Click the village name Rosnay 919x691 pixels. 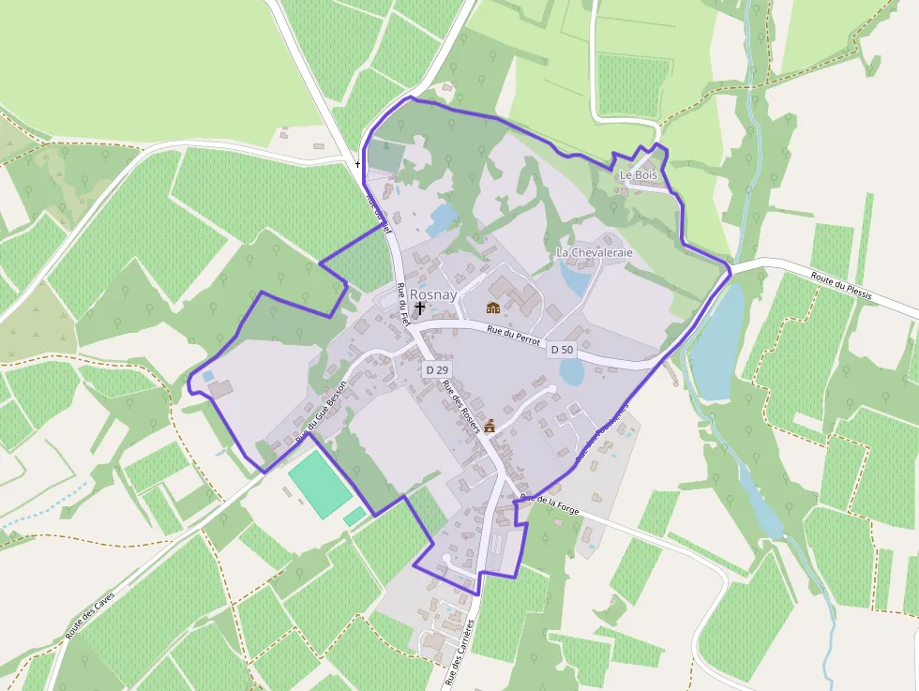tap(432, 293)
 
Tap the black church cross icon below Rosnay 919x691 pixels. tap(419, 308)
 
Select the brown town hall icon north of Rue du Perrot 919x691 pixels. tap(493, 307)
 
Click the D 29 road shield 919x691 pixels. tap(436, 370)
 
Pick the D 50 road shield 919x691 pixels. tap(561, 350)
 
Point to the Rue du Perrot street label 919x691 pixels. tap(514, 334)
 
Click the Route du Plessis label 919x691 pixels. tap(841, 287)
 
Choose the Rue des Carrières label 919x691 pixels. tap(459, 652)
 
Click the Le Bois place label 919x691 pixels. tap(639, 175)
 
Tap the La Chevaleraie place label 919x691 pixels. tap(595, 253)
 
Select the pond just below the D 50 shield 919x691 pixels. tap(571, 372)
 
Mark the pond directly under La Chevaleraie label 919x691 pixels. tap(574, 278)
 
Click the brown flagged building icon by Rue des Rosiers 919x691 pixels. tap(489, 427)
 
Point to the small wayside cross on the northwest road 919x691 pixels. tap(357, 165)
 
